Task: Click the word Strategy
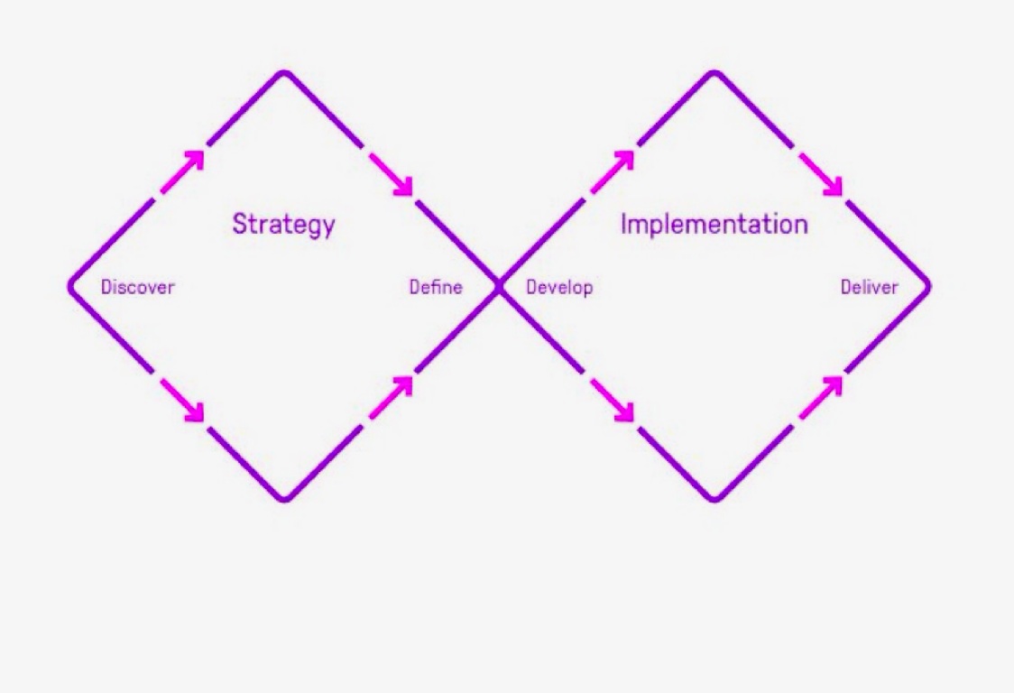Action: (283, 225)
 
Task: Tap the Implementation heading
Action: (714, 225)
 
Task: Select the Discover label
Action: (137, 288)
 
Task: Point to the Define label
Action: (436, 288)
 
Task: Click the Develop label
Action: (559, 288)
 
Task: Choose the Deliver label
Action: (870, 288)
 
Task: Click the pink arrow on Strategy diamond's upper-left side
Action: (183, 171)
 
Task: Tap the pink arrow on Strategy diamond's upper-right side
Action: (391, 173)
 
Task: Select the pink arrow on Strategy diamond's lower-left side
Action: (182, 400)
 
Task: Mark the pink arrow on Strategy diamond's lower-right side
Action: (391, 397)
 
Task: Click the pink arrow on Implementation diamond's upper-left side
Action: (613, 171)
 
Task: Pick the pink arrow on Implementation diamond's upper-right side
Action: (820, 173)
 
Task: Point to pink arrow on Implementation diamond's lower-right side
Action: (820, 397)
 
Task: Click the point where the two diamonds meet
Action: (499, 287)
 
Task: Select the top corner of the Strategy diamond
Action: (284, 72)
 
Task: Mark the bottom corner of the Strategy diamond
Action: (284, 499)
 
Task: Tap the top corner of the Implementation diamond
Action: (714, 72)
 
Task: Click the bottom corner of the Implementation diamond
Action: (714, 499)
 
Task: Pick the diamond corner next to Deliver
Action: (928, 287)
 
